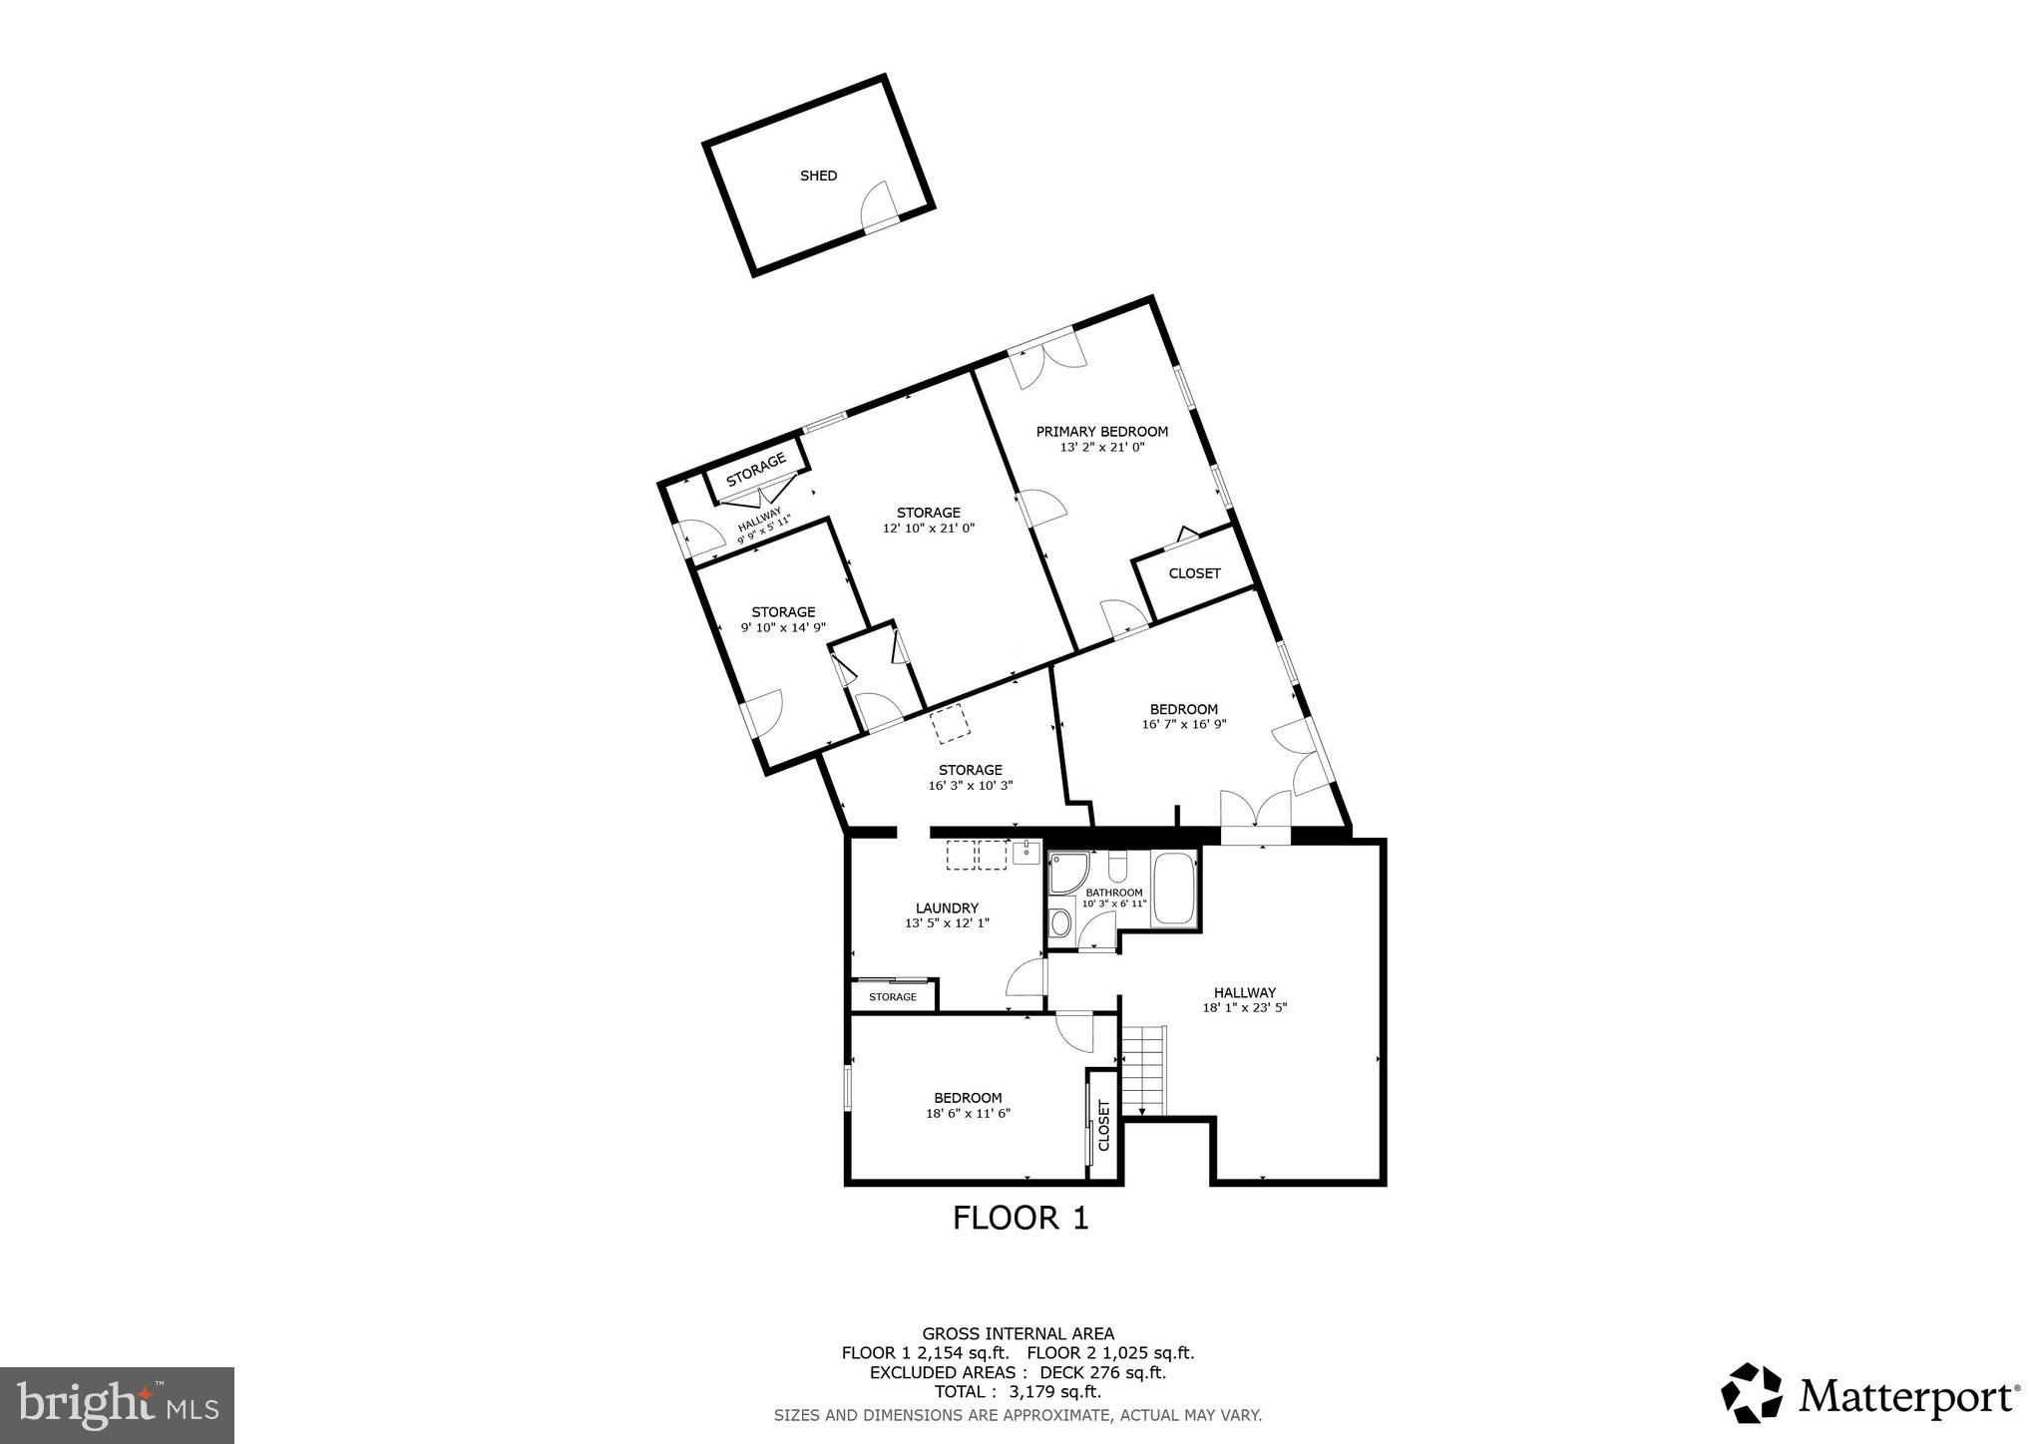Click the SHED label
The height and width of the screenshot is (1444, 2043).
818,176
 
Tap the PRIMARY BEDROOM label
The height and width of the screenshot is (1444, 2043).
1101,432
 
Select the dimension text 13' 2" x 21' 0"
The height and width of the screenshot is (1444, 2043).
1101,448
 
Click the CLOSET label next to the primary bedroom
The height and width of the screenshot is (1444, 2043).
1194,573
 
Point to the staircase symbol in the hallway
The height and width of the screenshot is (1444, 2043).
1143,1070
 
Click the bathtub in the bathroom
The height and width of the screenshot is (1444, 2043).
1173,890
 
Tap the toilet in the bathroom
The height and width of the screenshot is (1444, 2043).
1116,865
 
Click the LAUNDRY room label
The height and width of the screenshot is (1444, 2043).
947,908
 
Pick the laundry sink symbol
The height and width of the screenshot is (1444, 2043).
1025,853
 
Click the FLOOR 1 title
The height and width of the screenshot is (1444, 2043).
1020,1218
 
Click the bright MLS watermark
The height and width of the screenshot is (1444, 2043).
118,1406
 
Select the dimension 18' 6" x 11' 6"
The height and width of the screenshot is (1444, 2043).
968,1114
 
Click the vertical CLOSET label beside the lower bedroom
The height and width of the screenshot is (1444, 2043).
1103,1125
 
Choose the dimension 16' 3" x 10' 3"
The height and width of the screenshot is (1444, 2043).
970,786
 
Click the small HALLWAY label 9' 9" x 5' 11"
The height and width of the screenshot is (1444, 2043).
762,525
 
